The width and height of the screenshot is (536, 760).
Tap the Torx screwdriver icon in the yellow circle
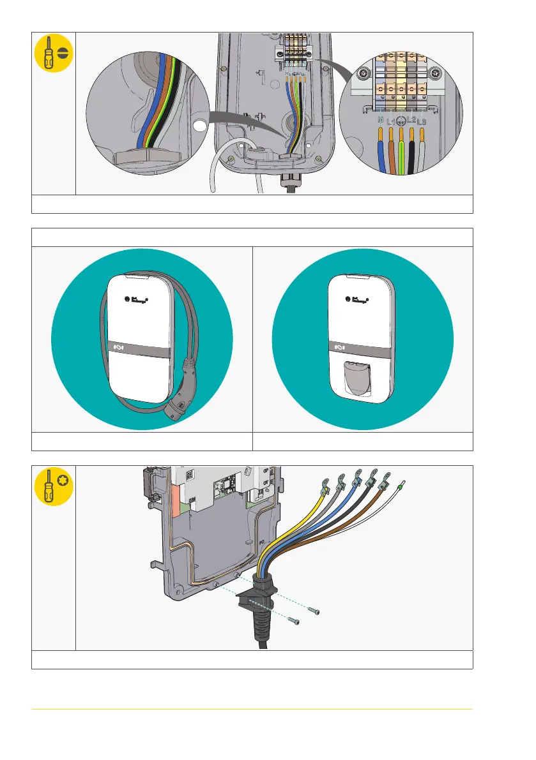coord(53,486)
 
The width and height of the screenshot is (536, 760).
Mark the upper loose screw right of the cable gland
coord(314,612)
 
